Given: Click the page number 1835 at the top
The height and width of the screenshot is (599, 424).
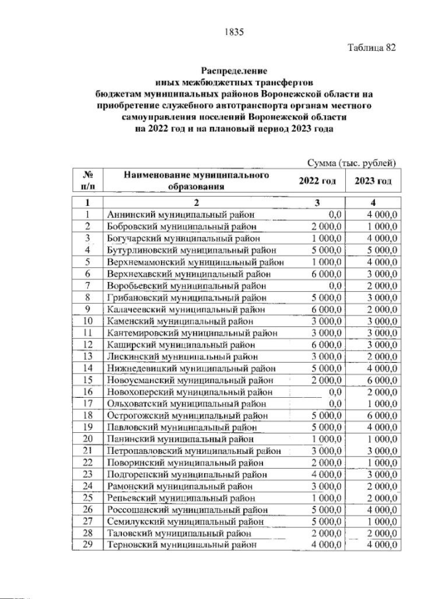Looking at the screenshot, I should pos(234,30).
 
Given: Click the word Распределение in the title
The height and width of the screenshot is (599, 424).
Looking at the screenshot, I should pos(234,70).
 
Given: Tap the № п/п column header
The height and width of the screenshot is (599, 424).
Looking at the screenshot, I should pos(87,181).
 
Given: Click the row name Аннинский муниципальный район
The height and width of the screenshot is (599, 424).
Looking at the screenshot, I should pos(181,214).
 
